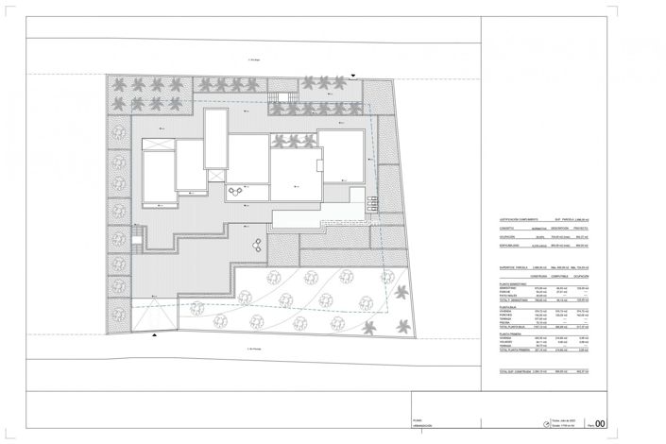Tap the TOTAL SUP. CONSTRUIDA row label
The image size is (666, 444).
(519, 371)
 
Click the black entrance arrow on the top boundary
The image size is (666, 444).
(352, 74)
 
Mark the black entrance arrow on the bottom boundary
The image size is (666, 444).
(154, 334)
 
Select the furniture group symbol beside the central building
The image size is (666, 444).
(234, 193)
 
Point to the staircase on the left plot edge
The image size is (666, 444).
(139, 238)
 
